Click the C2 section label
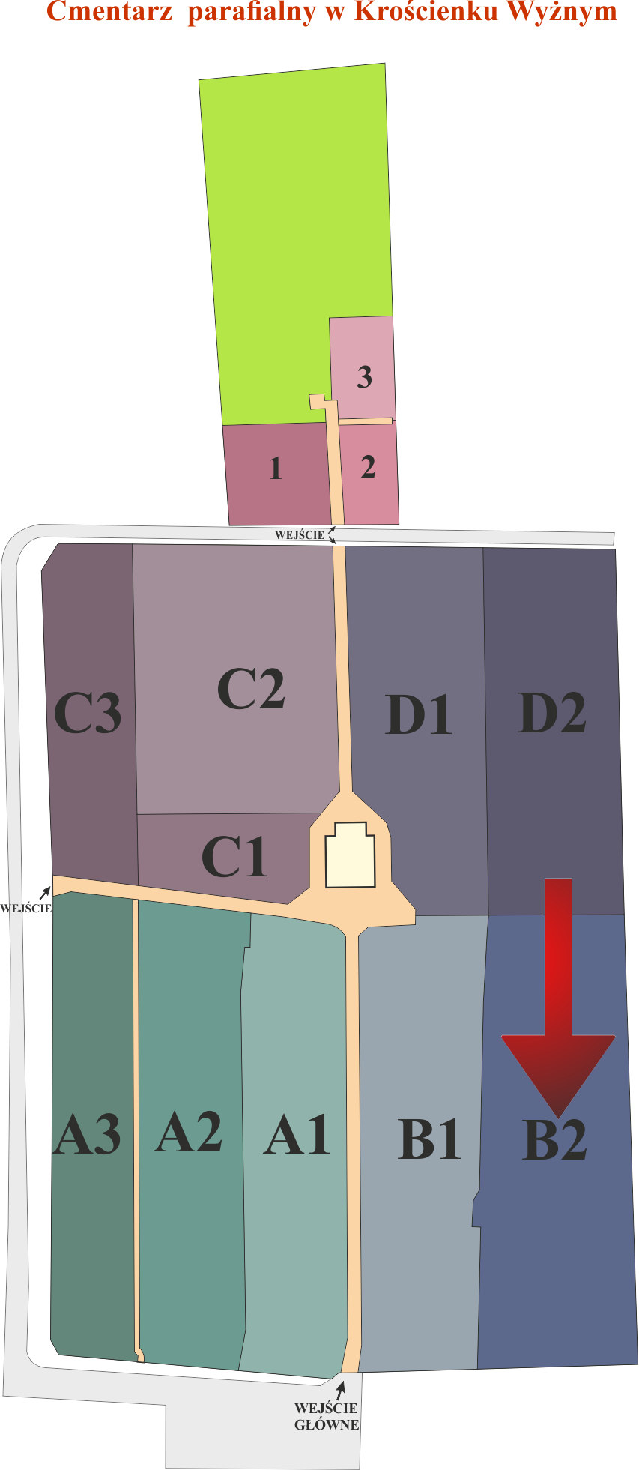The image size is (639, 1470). tap(251, 690)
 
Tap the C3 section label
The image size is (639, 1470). tap(88, 713)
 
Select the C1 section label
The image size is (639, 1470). tap(234, 857)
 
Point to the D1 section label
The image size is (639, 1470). tap(419, 714)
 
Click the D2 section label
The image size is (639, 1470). tap(552, 713)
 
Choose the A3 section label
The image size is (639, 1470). tap(87, 1134)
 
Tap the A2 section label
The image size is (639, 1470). tap(189, 1132)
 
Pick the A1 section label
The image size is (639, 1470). tap(297, 1135)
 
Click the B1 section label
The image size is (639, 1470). tap(428, 1139)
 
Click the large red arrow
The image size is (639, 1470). tap(558, 997)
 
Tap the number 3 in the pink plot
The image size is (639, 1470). tap(365, 376)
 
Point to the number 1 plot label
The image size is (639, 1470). tap(276, 469)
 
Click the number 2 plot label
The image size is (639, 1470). tap(368, 466)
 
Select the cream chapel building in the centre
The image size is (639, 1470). tap(350, 856)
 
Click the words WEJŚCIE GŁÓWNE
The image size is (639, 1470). tap(327, 1416)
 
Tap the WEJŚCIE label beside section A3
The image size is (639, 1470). tap(26, 909)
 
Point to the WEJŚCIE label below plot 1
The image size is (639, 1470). tap(300, 535)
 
